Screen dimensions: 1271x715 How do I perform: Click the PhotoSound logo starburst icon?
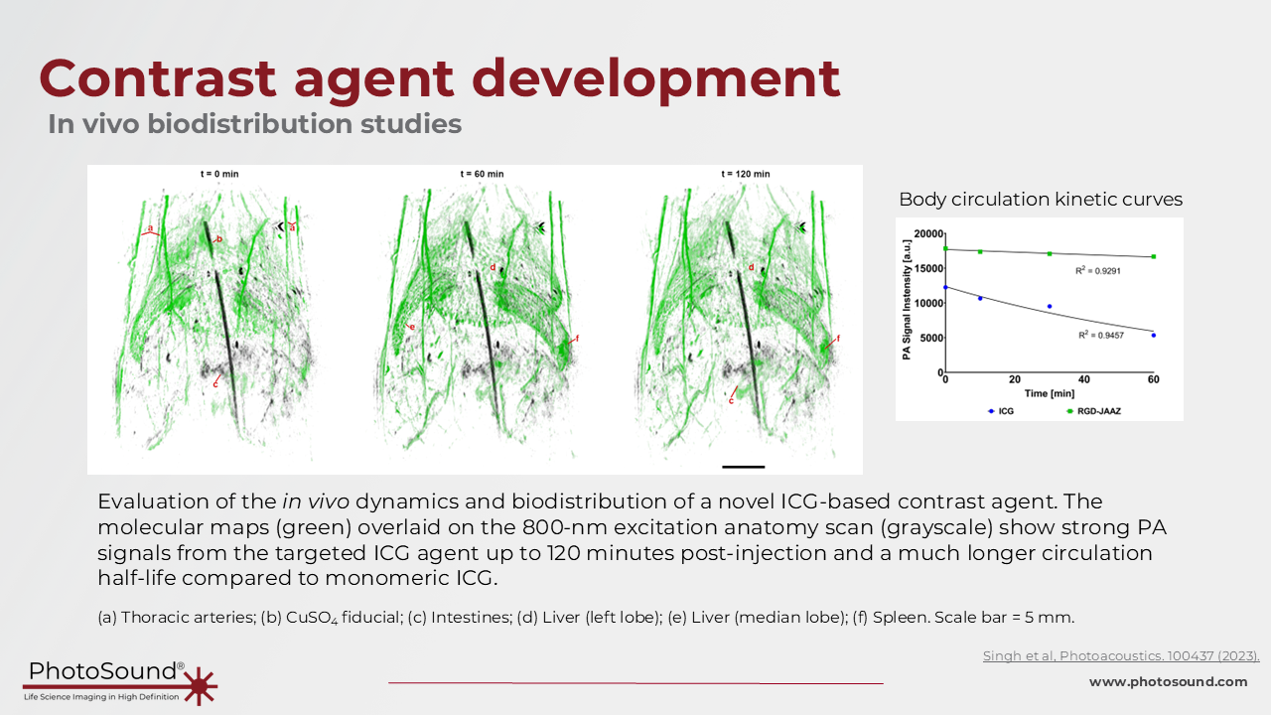(200, 685)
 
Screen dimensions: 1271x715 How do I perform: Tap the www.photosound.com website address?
(1168, 681)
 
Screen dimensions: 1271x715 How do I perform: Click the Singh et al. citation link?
(1121, 656)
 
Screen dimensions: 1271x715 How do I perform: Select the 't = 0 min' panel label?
(219, 174)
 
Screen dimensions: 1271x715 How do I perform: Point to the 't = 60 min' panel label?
(482, 174)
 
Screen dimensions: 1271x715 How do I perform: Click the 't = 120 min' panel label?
(746, 174)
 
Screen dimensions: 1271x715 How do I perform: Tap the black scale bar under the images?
(744, 467)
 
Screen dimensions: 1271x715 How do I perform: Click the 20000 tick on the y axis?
(928, 233)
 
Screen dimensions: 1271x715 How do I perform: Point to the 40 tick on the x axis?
(1083, 379)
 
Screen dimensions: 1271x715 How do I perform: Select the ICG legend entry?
(1001, 411)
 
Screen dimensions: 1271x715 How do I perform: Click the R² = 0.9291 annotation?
(1098, 271)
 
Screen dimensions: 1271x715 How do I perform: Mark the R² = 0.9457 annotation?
(1101, 335)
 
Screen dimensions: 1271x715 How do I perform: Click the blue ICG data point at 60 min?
(1154, 336)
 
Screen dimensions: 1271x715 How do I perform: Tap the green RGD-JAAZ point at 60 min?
(1154, 256)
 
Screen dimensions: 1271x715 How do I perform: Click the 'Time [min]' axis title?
(1050, 393)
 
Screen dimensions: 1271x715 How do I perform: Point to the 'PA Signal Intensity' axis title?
(907, 300)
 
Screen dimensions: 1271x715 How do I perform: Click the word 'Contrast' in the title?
(158, 78)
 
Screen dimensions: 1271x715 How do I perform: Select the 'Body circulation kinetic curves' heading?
(1041, 200)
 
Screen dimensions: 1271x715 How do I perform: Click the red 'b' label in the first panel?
(219, 239)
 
